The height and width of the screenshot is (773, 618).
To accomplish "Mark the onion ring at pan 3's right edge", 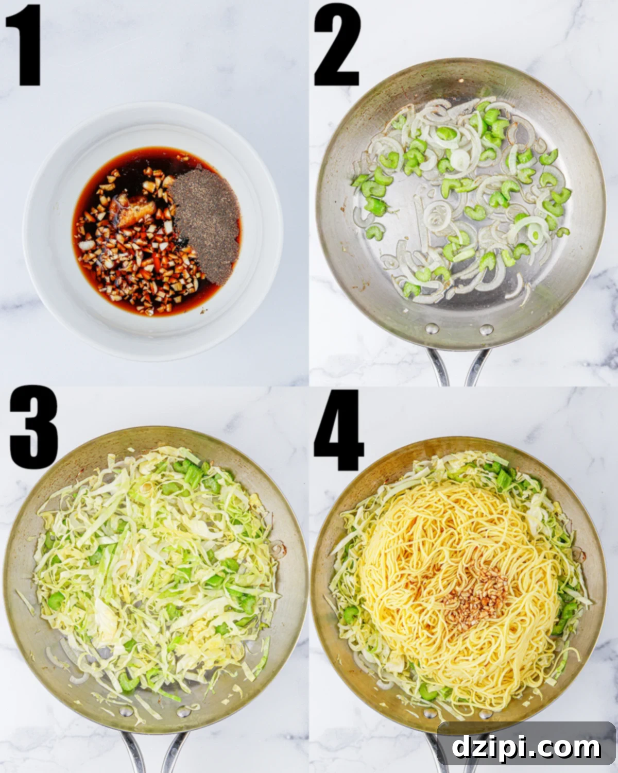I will (278, 549).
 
